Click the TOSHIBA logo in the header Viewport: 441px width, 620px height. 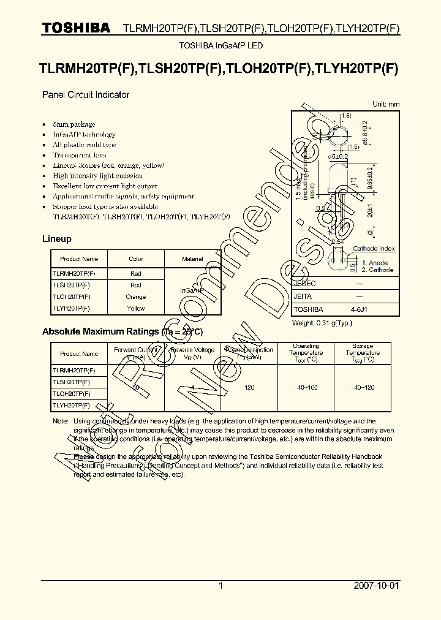tap(76, 28)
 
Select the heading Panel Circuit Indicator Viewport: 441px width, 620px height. tap(85, 95)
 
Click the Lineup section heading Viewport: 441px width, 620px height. tap(56, 239)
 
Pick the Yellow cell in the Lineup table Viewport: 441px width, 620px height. tap(135, 308)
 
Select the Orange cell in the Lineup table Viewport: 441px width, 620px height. tap(135, 297)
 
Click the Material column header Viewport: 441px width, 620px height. tap(192, 259)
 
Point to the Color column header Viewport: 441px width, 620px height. tap(135, 259)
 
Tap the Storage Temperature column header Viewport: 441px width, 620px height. tap(363, 352)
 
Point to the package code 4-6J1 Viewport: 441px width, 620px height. tap(359, 309)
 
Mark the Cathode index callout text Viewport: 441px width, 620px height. tap(374, 249)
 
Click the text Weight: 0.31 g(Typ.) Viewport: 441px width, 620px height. tap(322, 322)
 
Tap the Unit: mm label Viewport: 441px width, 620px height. tap(386, 104)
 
